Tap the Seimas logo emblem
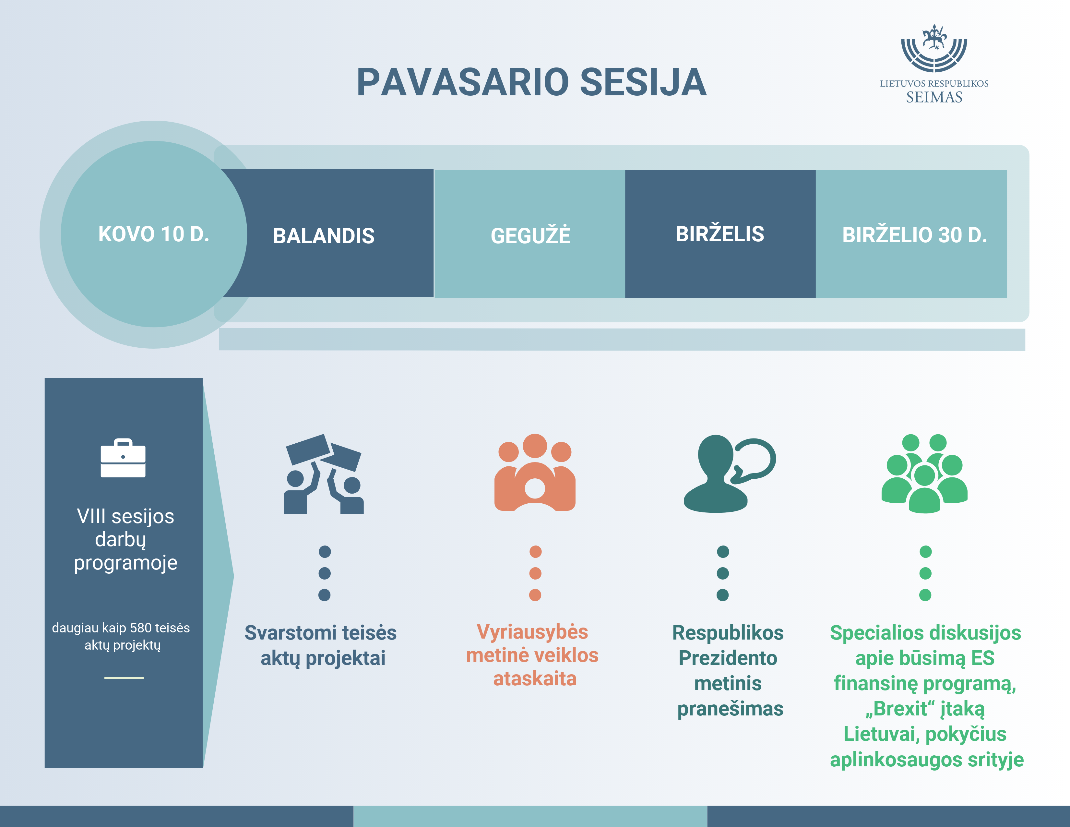point(934,49)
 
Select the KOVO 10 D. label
point(154,234)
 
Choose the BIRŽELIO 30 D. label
point(914,235)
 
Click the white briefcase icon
point(123,458)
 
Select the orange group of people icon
point(535,473)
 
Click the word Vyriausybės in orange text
point(532,632)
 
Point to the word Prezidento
point(728,658)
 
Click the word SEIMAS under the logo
point(934,98)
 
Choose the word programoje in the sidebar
point(125,563)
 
